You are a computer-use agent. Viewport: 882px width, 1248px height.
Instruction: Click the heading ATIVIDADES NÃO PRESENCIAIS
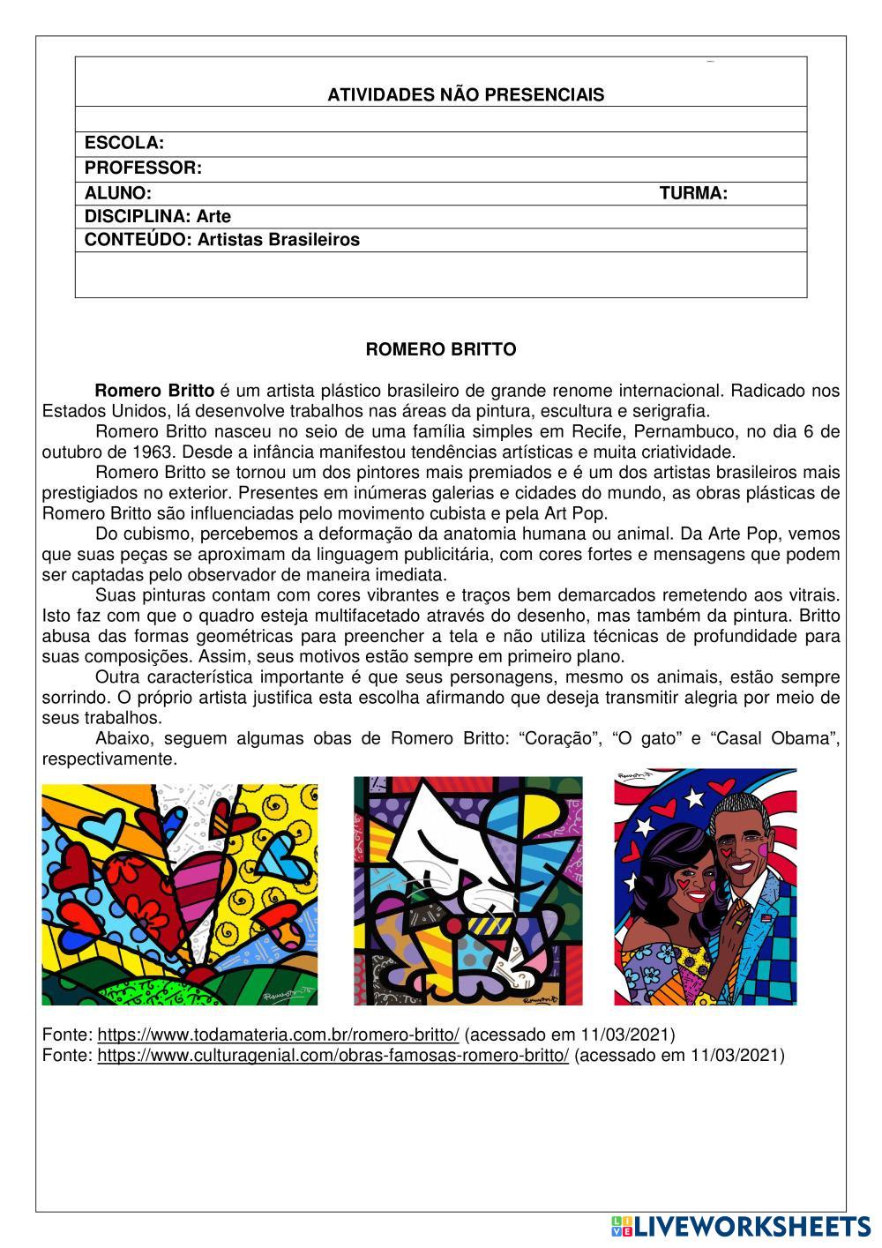(466, 95)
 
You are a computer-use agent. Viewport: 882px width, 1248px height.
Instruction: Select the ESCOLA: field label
(124, 143)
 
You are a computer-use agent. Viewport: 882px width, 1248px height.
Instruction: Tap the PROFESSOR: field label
(143, 168)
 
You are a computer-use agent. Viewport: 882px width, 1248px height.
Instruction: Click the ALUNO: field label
(118, 192)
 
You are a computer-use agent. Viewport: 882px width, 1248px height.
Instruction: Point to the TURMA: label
(693, 192)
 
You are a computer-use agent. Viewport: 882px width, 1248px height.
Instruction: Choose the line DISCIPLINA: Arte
(158, 216)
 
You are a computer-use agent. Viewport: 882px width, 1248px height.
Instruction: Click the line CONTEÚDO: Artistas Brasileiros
(222, 240)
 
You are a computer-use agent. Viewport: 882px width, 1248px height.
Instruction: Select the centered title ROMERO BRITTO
(441, 349)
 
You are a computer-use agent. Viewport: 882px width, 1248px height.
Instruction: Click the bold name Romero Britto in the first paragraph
(154, 391)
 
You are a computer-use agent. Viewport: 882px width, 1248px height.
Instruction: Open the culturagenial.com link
(333, 1055)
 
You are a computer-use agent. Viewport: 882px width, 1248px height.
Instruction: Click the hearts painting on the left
(180, 894)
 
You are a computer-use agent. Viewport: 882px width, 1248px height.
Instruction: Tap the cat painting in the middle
(468, 891)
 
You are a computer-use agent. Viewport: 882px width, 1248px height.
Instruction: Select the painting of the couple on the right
(706, 886)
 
